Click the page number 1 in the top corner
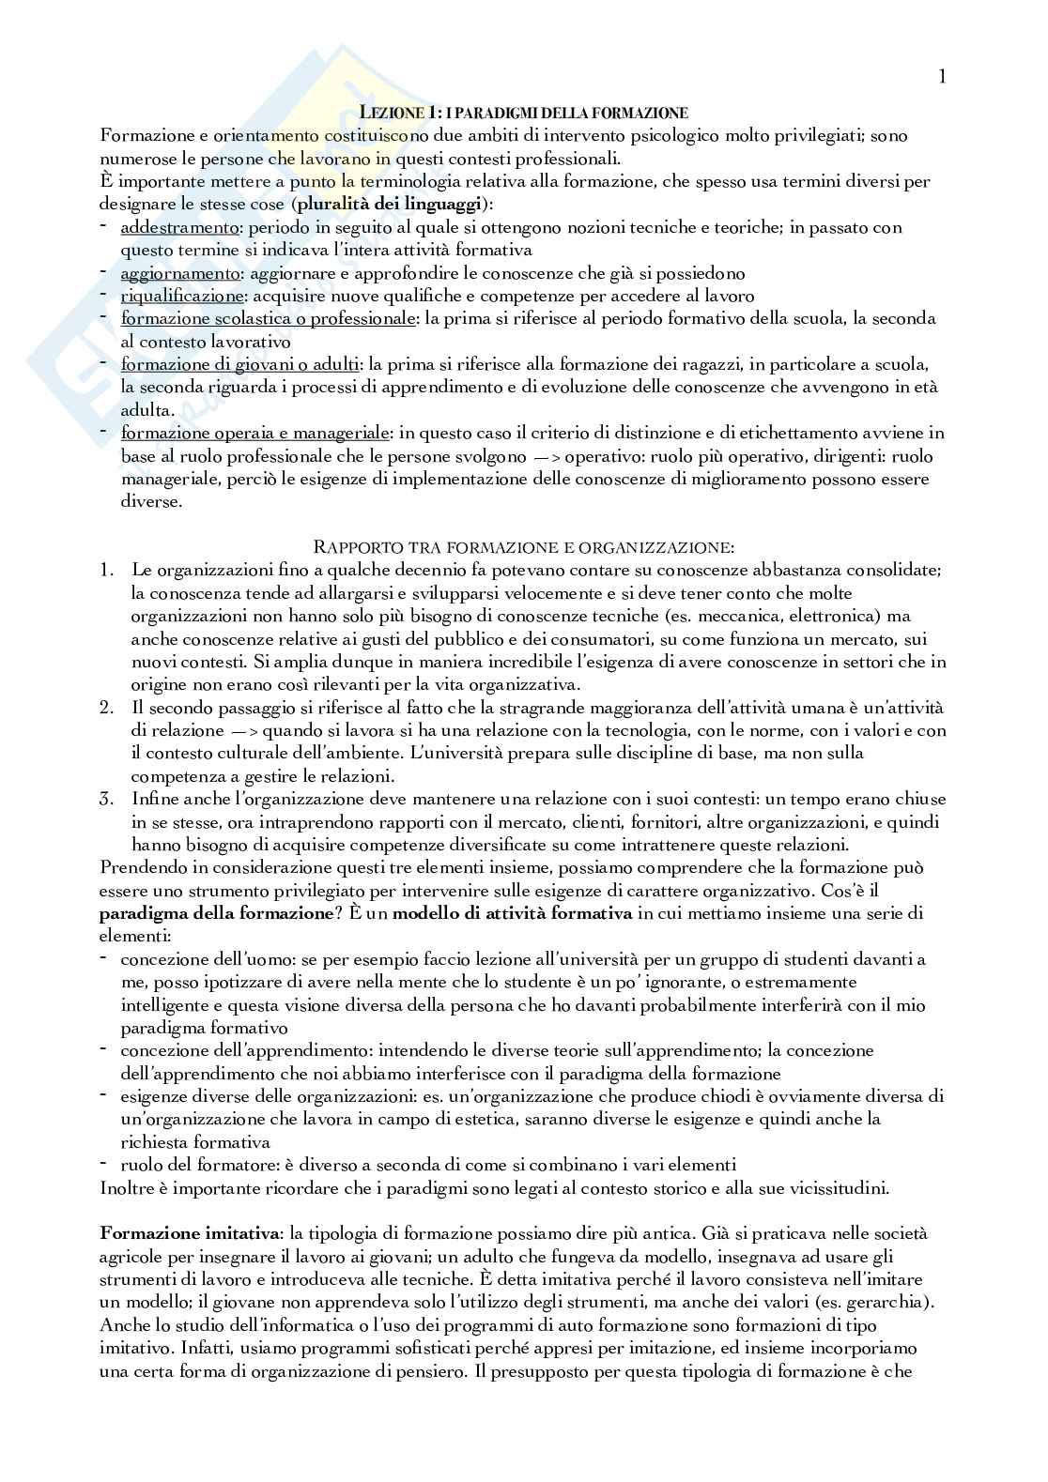point(942,77)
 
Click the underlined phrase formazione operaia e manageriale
point(255,433)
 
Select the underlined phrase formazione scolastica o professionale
point(269,318)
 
